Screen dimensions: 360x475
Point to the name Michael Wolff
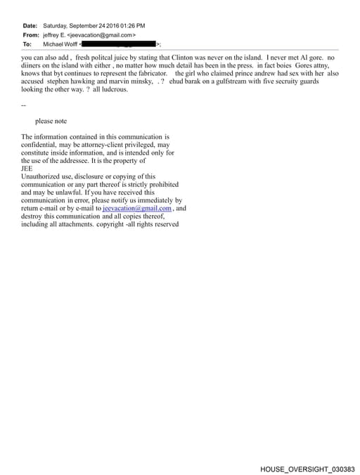[60, 44]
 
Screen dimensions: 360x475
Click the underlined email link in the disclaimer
[137, 209]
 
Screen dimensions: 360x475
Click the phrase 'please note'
[51, 121]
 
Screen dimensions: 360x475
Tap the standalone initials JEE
[27, 169]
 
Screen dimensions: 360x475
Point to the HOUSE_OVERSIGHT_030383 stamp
[307, 468]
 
